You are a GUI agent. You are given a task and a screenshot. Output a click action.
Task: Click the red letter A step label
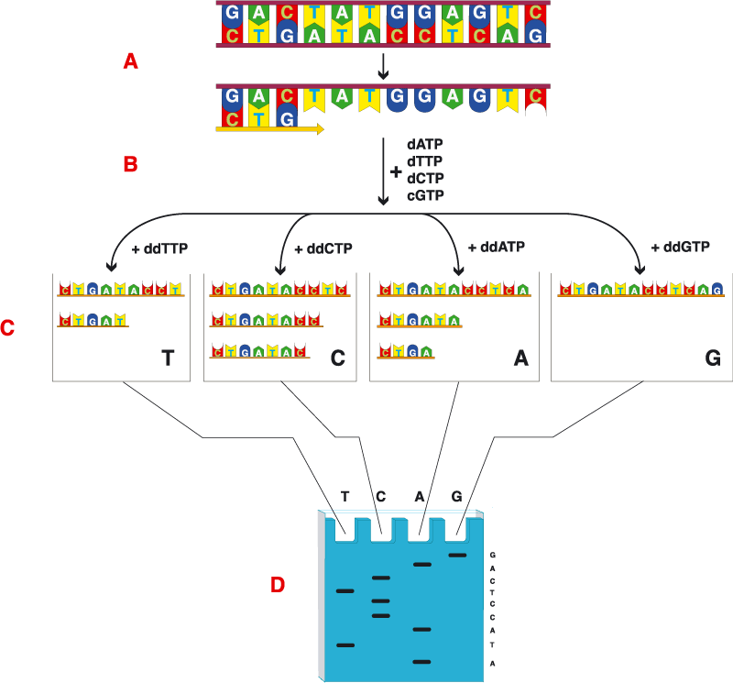(x=131, y=61)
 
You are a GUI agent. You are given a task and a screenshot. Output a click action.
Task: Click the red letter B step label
(x=131, y=165)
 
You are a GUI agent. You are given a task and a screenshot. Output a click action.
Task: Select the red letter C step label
(x=8, y=327)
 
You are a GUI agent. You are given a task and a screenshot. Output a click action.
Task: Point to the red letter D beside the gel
(x=278, y=584)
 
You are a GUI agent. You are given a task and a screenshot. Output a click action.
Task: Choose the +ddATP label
(x=496, y=248)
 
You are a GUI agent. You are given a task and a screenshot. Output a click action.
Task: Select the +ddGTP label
(x=680, y=248)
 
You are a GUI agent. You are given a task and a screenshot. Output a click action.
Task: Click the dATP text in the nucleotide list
(x=425, y=145)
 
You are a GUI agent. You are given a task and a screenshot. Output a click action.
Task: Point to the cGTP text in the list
(x=425, y=194)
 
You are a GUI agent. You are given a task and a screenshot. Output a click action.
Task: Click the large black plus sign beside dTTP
(x=396, y=171)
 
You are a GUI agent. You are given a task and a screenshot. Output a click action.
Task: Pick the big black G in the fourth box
(x=713, y=358)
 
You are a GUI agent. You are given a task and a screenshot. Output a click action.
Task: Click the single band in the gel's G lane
(x=457, y=555)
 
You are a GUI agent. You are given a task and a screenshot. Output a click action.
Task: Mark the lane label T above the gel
(x=345, y=497)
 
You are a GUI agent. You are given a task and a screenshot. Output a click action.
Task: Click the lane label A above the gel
(x=420, y=497)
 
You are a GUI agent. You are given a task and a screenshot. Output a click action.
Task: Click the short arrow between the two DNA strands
(x=384, y=67)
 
